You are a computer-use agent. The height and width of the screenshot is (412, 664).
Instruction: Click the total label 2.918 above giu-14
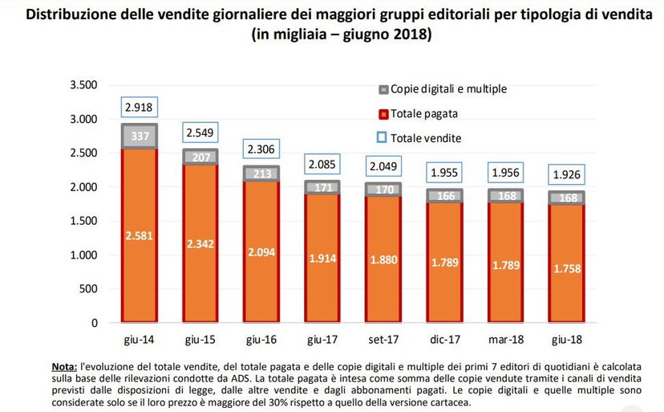pyautogui.click(x=140, y=107)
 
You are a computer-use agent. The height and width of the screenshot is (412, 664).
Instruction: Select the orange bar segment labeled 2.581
pyautogui.click(x=140, y=235)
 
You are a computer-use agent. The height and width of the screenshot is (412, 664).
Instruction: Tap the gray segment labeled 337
pyautogui.click(x=140, y=137)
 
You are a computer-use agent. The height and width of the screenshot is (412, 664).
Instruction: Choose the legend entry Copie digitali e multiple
pyautogui.click(x=448, y=89)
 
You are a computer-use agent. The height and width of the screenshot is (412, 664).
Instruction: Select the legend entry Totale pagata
pyautogui.click(x=424, y=113)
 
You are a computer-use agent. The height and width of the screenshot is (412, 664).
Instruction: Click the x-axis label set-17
pyautogui.click(x=384, y=339)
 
